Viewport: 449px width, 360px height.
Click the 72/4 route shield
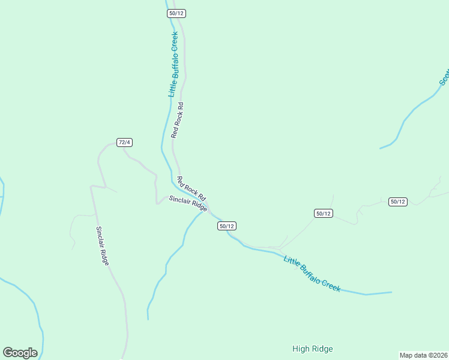124,142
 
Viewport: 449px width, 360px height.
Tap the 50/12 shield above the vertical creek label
177,13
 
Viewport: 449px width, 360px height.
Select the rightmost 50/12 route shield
398,202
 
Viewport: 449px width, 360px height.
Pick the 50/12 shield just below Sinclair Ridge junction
227,226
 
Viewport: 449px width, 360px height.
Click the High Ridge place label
312,349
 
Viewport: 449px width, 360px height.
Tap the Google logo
20,353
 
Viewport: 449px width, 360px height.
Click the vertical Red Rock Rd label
176,120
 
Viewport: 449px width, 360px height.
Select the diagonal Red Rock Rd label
191,188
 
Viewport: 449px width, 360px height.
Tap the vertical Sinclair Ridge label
103,246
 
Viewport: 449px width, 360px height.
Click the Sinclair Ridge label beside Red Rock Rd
188,204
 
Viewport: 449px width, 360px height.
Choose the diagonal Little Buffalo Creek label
312,274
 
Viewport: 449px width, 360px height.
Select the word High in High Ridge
301,349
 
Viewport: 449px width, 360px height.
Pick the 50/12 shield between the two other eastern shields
323,213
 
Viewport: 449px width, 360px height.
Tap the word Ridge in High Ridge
322,349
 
